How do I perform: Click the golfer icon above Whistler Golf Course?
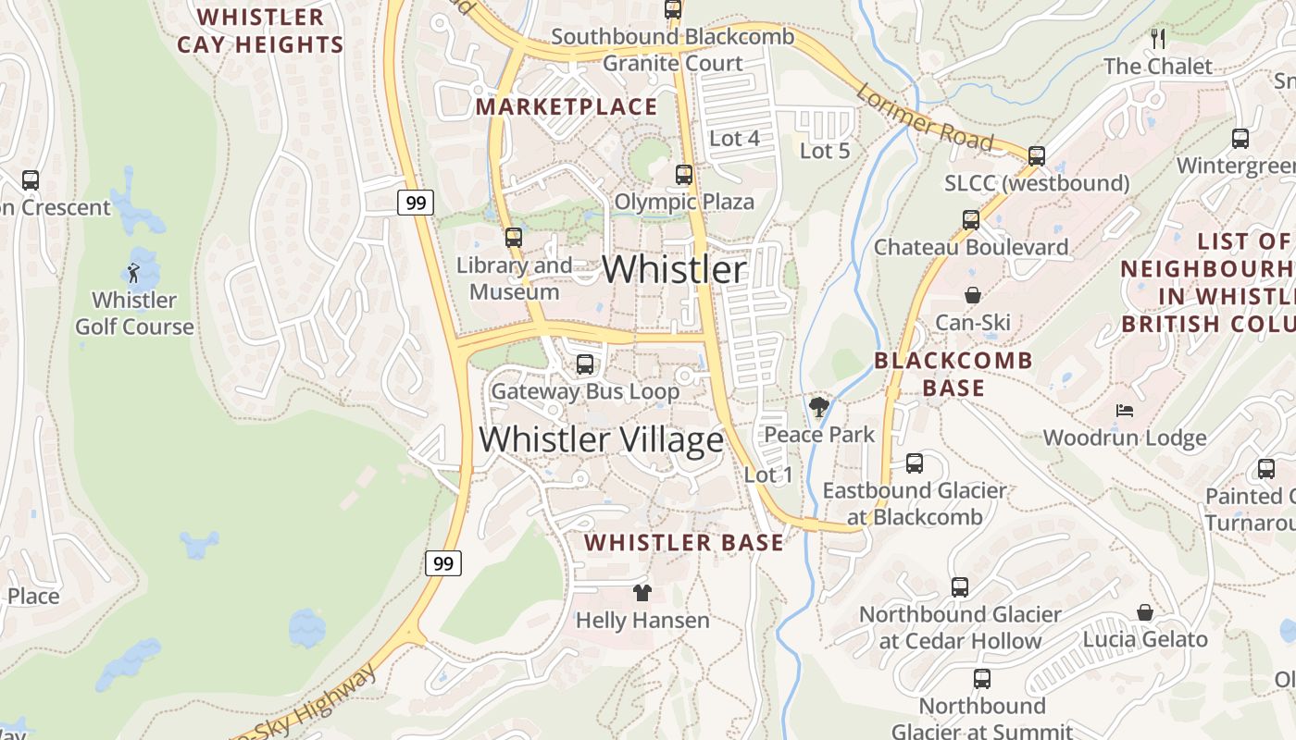point(133,273)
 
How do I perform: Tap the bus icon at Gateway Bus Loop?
point(584,364)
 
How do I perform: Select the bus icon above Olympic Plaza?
point(683,174)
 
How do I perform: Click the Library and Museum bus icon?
point(514,238)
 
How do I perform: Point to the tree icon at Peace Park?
point(818,406)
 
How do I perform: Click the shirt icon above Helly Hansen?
point(642,593)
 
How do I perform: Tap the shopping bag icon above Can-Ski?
point(973,295)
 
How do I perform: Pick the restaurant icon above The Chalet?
point(1157,39)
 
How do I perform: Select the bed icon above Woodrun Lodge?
point(1125,411)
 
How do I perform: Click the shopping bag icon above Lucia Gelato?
point(1145,612)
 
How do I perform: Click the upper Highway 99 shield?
point(417,203)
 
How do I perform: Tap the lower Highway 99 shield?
point(443,562)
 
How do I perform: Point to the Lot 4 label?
point(733,139)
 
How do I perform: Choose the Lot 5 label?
point(824,150)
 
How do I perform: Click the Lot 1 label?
point(768,475)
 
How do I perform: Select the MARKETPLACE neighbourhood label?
point(567,107)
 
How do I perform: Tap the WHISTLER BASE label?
point(684,543)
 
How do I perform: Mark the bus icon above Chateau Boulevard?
point(970,220)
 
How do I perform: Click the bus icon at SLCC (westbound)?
point(1037,156)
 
